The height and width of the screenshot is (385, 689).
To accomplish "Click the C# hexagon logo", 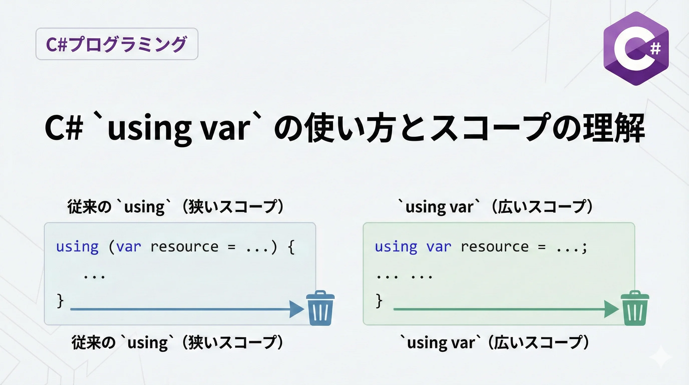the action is [x=636, y=48].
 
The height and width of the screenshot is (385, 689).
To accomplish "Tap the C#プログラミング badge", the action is [x=117, y=44].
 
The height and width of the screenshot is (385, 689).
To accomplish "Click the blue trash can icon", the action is [x=320, y=308].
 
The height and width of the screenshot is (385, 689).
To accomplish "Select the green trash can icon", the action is [x=635, y=308].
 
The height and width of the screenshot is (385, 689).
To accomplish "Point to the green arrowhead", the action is [x=611, y=309].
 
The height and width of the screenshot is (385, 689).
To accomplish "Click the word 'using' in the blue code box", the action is [x=77, y=247].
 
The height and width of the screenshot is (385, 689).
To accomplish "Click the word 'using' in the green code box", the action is [x=396, y=247].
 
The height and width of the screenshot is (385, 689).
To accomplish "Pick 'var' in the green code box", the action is [x=439, y=247].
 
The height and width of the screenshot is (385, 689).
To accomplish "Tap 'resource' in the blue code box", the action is [x=185, y=247].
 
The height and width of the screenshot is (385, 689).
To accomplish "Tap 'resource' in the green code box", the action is [x=495, y=247].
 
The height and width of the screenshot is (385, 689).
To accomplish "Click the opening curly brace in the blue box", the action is [x=291, y=247].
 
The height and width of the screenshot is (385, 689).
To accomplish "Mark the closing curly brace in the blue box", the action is [x=60, y=301].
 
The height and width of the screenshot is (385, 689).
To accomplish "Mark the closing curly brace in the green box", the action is [x=379, y=301].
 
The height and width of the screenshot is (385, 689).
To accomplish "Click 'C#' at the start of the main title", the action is [x=64, y=128].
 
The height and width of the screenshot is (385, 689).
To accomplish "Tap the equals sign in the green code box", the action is [x=542, y=248].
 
